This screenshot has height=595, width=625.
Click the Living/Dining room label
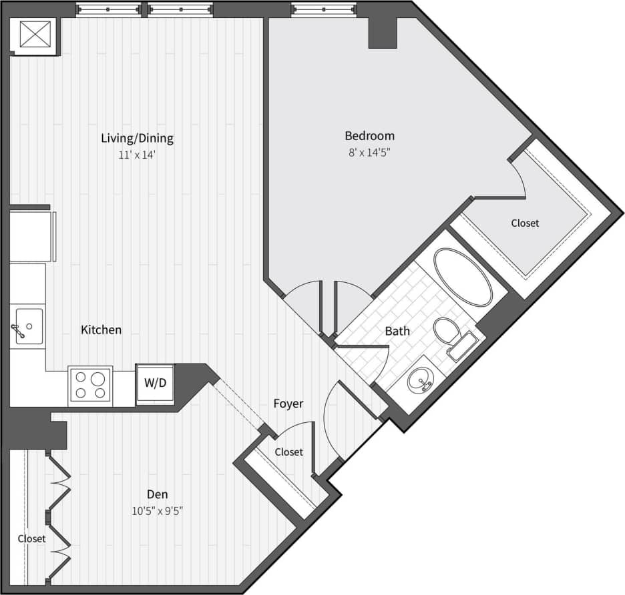[137, 139]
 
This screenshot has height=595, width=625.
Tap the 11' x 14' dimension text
[137, 155]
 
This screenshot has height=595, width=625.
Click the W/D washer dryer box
[155, 384]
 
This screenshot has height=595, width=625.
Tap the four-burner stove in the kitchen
[91, 386]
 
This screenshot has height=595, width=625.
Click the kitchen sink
[29, 326]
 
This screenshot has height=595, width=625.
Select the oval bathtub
[463, 277]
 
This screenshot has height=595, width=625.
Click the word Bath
[397, 330]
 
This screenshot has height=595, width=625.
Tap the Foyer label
[288, 404]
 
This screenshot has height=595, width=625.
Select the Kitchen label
[101, 330]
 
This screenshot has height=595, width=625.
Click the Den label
[158, 494]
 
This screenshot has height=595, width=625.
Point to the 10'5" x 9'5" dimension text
[158, 511]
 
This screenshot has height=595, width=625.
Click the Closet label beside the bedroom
[525, 223]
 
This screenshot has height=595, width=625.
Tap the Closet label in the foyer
[289, 452]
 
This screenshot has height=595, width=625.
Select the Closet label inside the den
[31, 538]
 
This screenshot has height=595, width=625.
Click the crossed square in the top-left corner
[35, 34]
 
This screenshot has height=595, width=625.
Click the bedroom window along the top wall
[324, 9]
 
